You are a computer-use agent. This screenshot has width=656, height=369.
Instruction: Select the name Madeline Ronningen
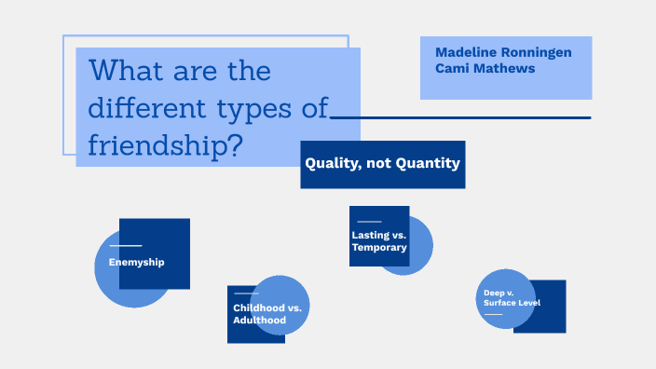click(x=503, y=52)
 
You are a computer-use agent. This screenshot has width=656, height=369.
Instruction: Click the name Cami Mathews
click(x=485, y=68)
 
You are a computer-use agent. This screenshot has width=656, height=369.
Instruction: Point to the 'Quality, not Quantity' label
click(x=382, y=163)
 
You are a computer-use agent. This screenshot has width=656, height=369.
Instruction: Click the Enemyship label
click(x=136, y=262)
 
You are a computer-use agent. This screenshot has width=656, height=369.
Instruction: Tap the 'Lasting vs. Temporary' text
click(x=378, y=241)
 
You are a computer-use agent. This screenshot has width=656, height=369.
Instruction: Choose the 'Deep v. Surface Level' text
click(x=512, y=297)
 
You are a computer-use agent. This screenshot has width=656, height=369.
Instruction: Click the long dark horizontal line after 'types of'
click(x=461, y=117)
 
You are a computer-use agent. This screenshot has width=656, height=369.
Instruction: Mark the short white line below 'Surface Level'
click(x=493, y=314)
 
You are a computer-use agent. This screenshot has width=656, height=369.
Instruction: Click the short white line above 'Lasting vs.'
click(x=369, y=222)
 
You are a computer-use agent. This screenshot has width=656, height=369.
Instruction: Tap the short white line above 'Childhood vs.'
click(x=246, y=294)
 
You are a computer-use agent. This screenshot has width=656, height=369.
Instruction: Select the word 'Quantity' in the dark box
click(x=429, y=163)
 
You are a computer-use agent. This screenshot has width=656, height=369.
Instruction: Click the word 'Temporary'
click(x=379, y=248)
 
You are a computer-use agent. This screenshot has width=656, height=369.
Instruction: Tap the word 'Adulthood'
click(x=259, y=320)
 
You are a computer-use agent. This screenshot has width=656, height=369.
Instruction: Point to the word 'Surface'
click(x=499, y=303)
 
